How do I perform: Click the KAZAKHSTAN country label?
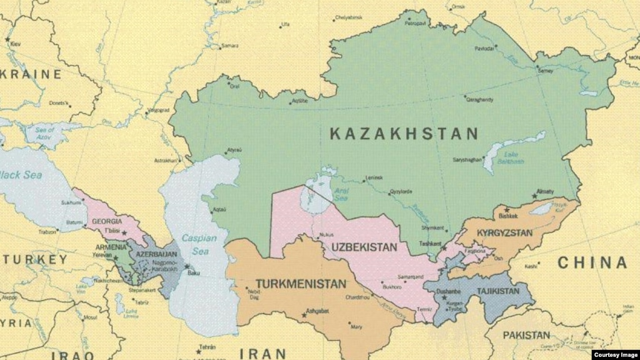[404, 134]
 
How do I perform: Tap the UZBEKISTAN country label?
[360, 247]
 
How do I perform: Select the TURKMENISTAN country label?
[300, 284]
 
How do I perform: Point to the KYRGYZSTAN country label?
[504, 233]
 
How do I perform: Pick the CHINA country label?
[592, 263]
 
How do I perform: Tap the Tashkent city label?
[430, 244]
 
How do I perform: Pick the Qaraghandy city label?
[480, 99]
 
